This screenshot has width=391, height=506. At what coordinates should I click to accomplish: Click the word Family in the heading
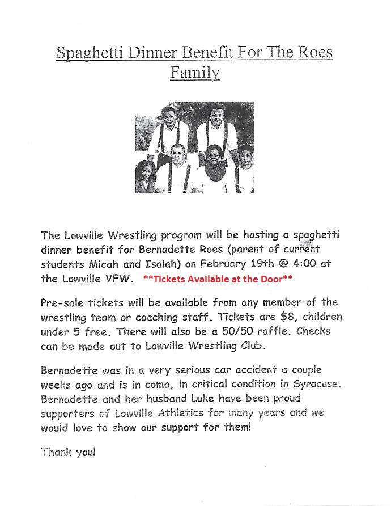click(195, 74)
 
